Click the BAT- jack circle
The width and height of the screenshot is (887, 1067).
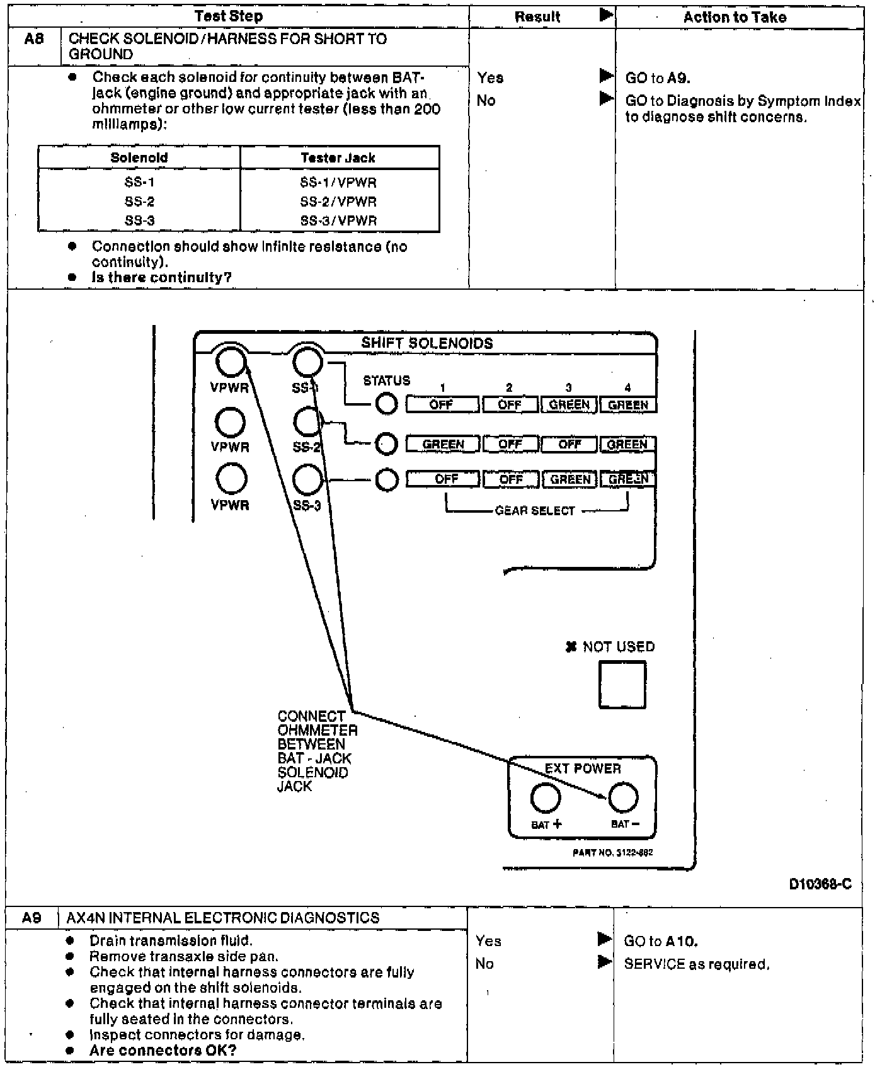(623, 797)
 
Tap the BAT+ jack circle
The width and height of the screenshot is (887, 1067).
(546, 797)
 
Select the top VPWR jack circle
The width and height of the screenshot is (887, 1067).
(230, 362)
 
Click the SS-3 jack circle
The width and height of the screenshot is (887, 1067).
(307, 479)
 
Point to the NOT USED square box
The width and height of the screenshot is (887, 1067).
(622, 685)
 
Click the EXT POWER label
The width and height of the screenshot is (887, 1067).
(583, 768)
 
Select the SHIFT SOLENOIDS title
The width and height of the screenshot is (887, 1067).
(426, 343)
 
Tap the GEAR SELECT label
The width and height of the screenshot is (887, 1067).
(535, 511)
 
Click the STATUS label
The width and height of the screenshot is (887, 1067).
(386, 380)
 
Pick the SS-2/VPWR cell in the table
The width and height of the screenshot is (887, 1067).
(338, 202)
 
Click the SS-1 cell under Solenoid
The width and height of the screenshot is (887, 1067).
(139, 183)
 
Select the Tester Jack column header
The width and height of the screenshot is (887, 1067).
(338, 157)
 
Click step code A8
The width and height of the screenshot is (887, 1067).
(34, 39)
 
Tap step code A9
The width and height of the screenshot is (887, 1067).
(31, 918)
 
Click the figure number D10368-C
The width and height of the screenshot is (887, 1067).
(820, 884)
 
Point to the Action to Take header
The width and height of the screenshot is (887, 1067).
(735, 17)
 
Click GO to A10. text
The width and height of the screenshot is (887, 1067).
(661, 942)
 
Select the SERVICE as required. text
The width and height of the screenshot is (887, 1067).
(696, 964)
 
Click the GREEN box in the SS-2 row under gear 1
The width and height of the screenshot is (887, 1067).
(443, 445)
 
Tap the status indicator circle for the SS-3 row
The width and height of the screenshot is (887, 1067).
(387, 480)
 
